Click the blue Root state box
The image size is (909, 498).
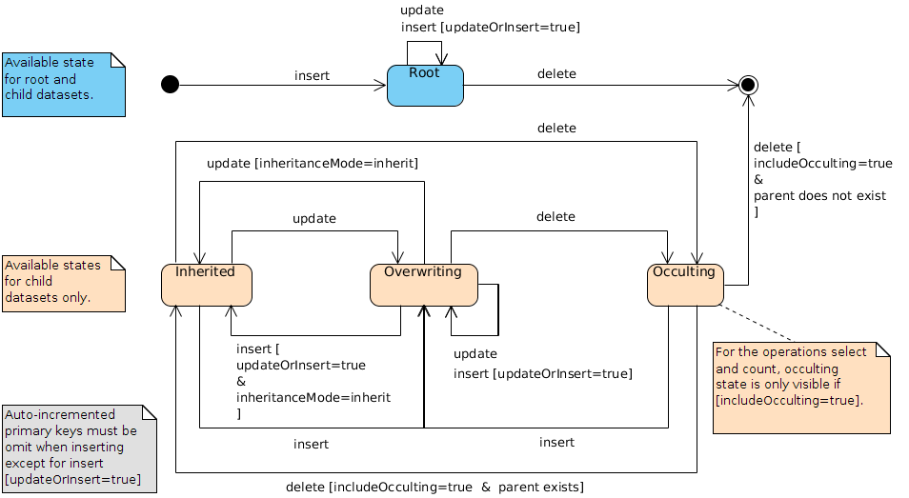coord(425,86)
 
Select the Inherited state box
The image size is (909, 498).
coord(206,285)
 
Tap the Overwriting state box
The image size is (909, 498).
coord(423,285)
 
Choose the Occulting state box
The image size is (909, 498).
coord(684,285)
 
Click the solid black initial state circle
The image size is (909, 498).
coord(171,85)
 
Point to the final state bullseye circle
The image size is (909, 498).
coord(749,85)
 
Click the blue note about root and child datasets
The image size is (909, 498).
coord(63,85)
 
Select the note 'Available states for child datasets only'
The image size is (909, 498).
coord(63,282)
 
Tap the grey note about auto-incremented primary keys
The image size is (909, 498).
coord(79,448)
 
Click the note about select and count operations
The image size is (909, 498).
coord(800,388)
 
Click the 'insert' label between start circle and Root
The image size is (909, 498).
coord(312,75)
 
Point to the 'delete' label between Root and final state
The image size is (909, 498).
coord(556,73)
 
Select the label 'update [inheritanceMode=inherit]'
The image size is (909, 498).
coord(313,164)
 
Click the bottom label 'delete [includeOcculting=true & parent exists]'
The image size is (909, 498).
coord(434,487)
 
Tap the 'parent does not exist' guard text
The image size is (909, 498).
coord(819,195)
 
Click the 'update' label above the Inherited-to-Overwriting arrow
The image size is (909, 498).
coord(313,218)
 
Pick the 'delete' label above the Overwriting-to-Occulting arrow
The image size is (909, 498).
coord(555,216)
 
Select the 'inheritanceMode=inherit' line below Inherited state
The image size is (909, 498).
coord(313,397)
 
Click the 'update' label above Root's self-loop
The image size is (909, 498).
coord(422,10)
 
